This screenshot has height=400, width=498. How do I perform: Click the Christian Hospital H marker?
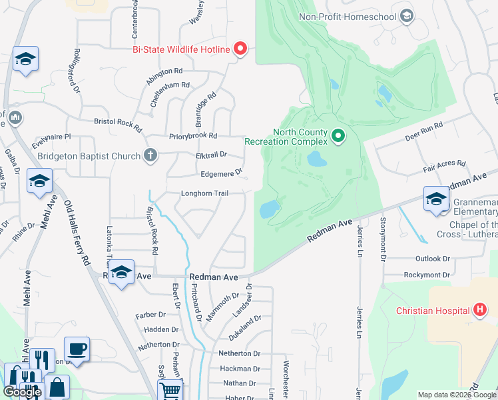tap(479, 310)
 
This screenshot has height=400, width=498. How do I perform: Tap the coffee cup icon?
tap(77, 349)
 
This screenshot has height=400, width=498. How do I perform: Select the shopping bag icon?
tap(57, 387)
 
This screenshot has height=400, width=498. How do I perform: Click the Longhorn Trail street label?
tap(205, 193)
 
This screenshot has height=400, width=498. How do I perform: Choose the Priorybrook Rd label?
tap(193, 135)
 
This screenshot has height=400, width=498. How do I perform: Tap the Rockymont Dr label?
tap(427, 275)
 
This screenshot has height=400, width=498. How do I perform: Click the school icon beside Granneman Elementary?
tap(437, 199)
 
